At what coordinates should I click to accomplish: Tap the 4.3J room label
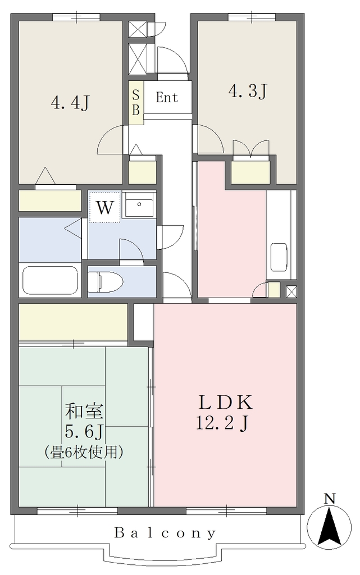[x=248, y=91]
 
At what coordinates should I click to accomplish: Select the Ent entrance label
[x=167, y=97]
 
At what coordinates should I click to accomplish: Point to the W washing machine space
[x=105, y=207]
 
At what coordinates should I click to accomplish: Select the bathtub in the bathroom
[x=50, y=280]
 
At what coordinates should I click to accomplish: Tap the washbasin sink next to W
[x=139, y=204]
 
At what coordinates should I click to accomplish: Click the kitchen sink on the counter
[x=279, y=257]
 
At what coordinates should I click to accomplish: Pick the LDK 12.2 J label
[x=224, y=413]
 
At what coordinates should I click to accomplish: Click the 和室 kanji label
[x=84, y=412]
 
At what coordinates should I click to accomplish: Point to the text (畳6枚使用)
[x=84, y=452]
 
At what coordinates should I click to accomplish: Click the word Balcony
[x=165, y=532]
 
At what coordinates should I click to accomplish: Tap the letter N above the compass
[x=330, y=499]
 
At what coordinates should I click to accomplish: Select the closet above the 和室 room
[x=74, y=322]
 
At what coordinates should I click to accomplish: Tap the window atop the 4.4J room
[x=76, y=17]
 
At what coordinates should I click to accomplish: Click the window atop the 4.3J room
[x=252, y=17]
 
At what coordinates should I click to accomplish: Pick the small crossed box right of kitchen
[x=291, y=292]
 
